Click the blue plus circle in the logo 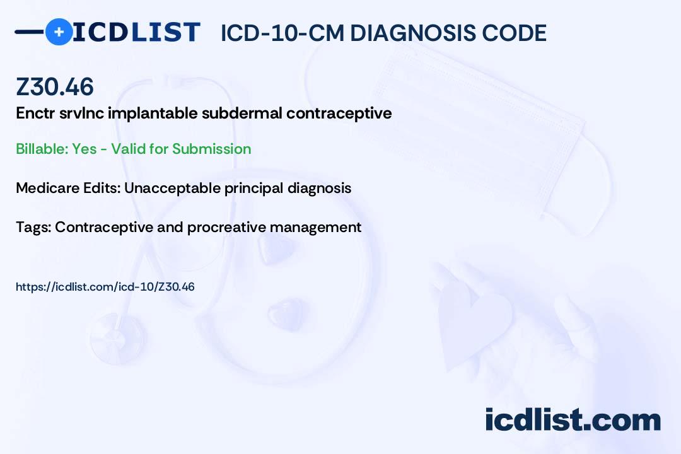tap(59, 32)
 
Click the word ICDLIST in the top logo tap(136, 32)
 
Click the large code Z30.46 tap(55, 86)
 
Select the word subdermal tap(242, 113)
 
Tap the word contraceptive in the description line tap(339, 114)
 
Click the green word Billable tap(42, 149)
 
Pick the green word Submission tap(211, 149)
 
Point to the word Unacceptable tap(172, 188)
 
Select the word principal tap(253, 189)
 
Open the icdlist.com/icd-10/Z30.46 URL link tap(105, 287)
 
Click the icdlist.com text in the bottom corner tap(573, 419)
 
